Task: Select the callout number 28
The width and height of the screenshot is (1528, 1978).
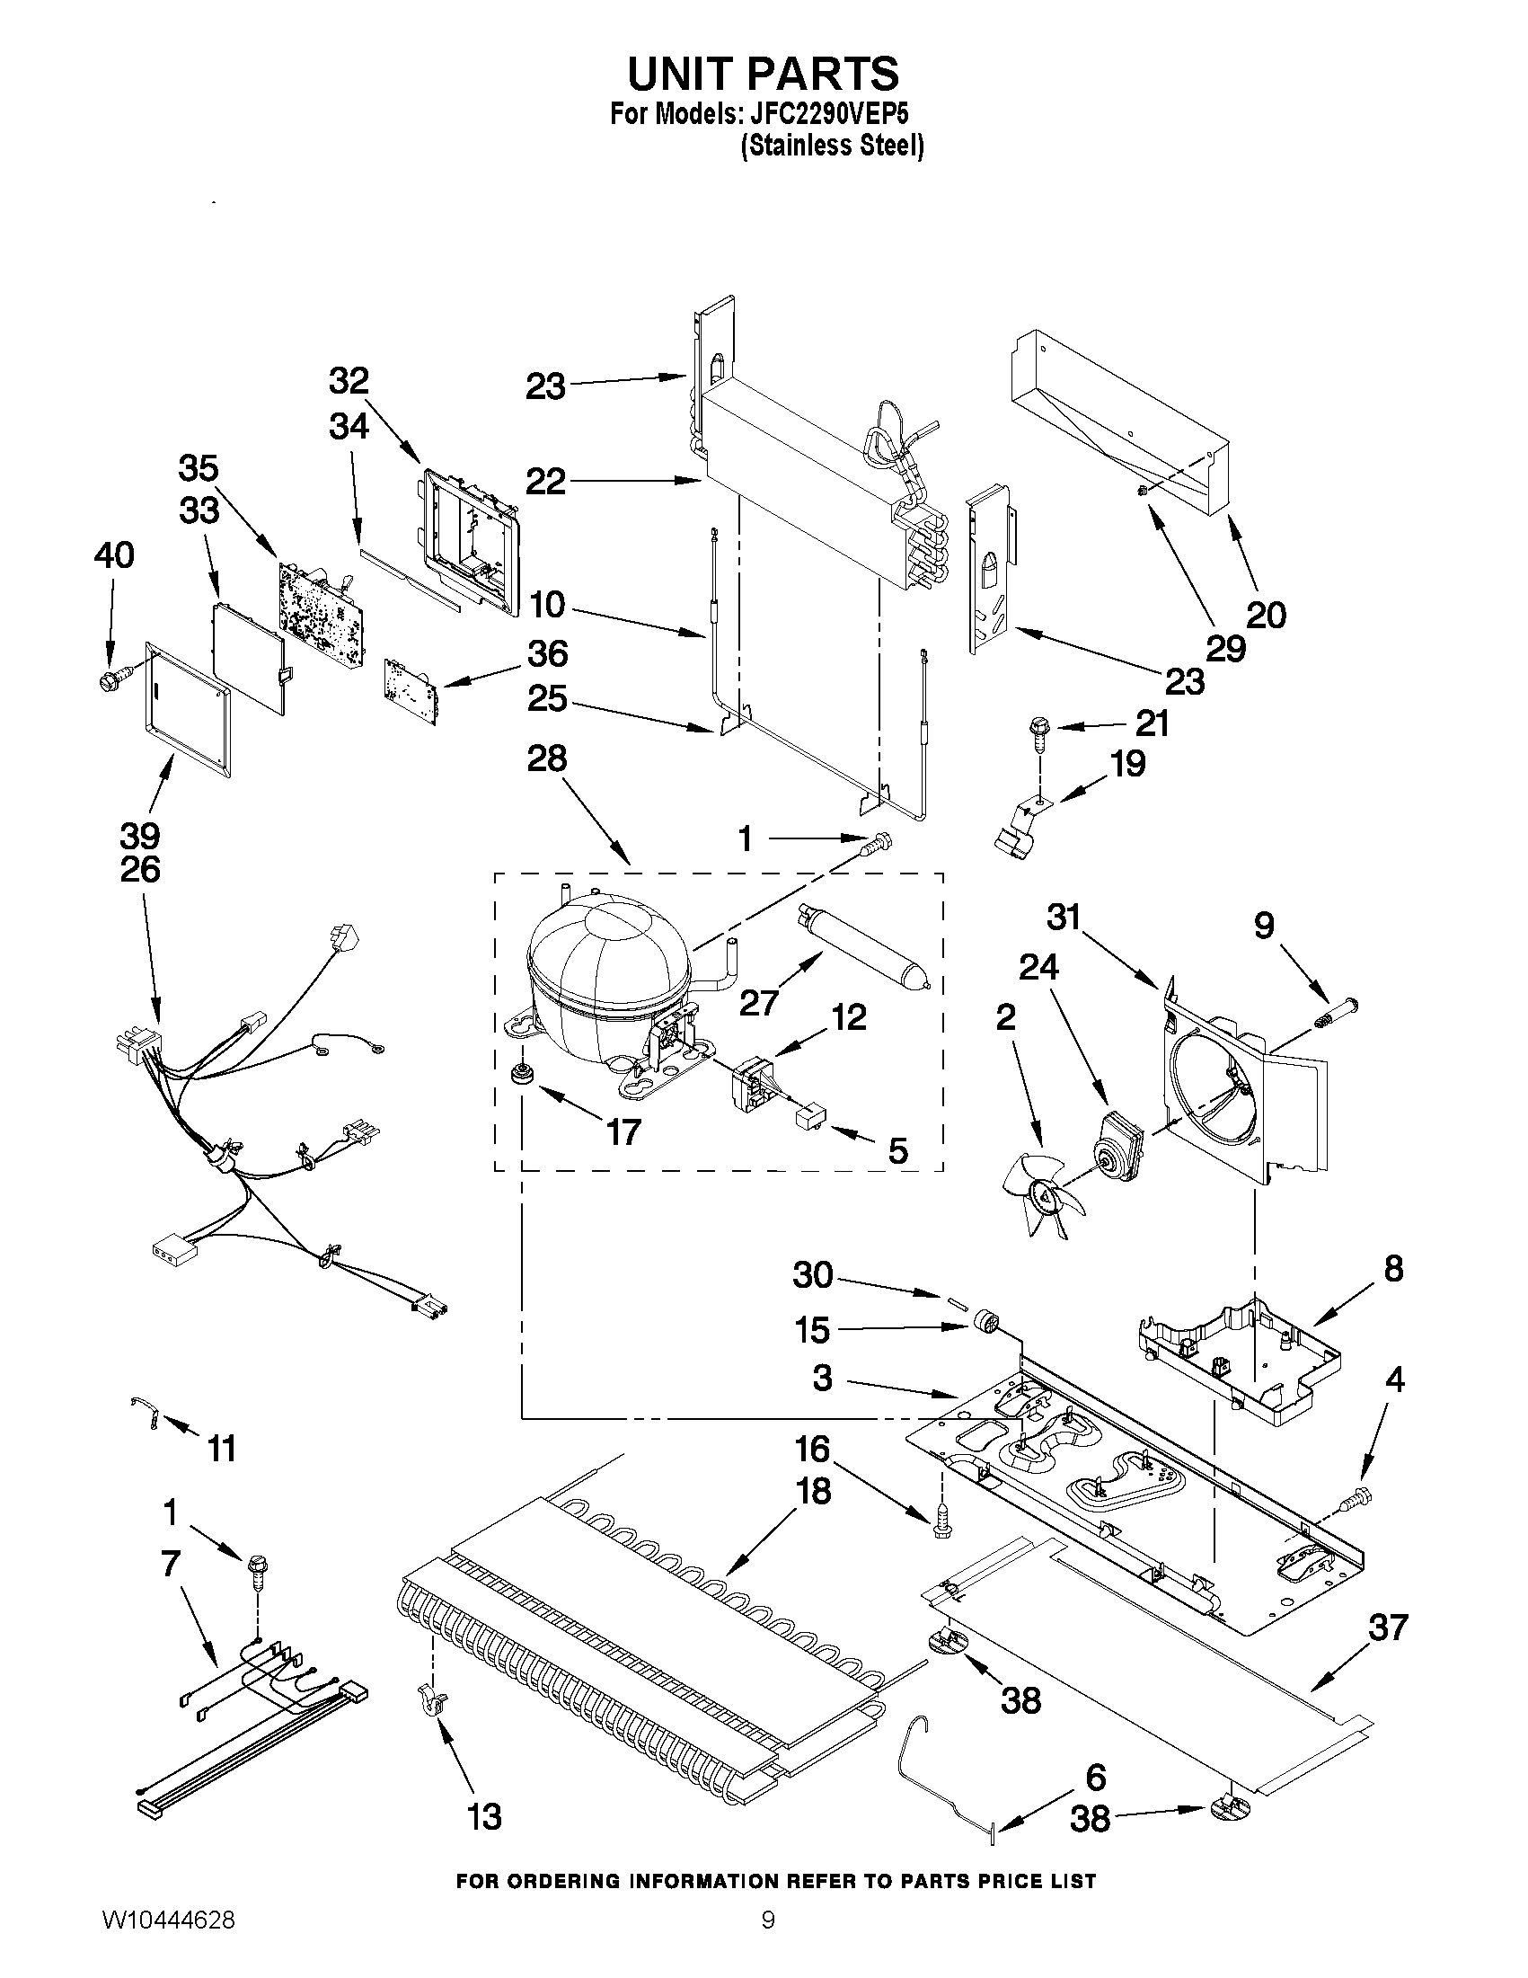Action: point(547,759)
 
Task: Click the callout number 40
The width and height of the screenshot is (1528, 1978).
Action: point(113,554)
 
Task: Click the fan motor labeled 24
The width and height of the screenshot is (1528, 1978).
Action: point(1121,1146)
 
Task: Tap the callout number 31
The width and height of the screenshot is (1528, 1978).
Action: point(1064,917)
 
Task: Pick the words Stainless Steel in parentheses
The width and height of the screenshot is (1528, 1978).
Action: point(832,145)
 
